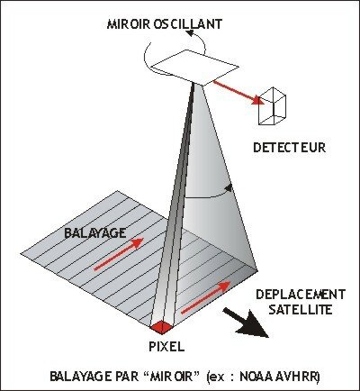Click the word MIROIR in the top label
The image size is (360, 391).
click(129, 24)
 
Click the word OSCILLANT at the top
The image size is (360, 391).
click(188, 24)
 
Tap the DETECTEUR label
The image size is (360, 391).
click(290, 148)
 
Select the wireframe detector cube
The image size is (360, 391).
click(273, 105)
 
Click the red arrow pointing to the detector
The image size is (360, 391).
click(239, 92)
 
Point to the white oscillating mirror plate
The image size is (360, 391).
click(195, 67)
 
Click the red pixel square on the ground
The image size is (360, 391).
click(162, 327)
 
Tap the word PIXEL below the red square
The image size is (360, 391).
click(166, 347)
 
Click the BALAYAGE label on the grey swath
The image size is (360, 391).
click(95, 232)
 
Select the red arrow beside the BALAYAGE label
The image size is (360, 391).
click(119, 254)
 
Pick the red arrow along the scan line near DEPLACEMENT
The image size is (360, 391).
click(206, 297)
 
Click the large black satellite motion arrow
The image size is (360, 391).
click(246, 323)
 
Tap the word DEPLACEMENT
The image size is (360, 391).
click(301, 295)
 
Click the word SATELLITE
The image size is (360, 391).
click(301, 310)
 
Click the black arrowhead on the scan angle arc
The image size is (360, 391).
click(229, 188)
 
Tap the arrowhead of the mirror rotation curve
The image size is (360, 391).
click(190, 33)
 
